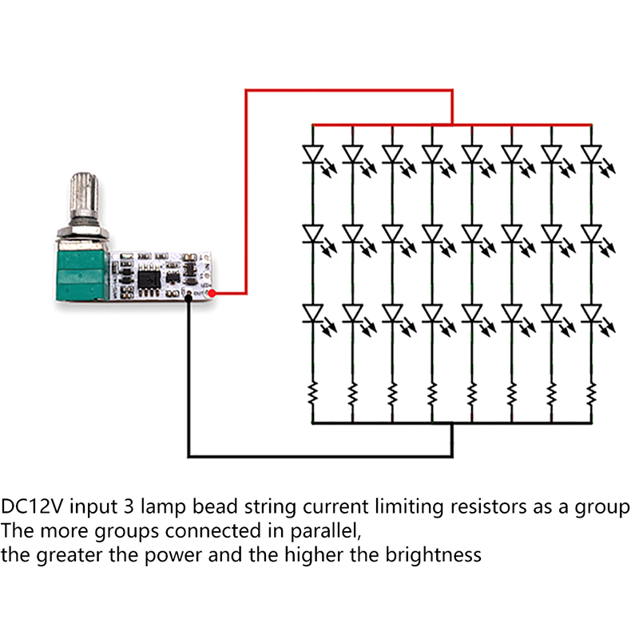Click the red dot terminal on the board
211,294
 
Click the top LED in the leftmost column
312,152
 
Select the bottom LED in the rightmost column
591,312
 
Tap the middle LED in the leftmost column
312,232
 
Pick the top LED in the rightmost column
591,152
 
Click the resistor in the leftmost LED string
312,392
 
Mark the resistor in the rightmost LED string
591,392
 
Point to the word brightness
434,554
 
